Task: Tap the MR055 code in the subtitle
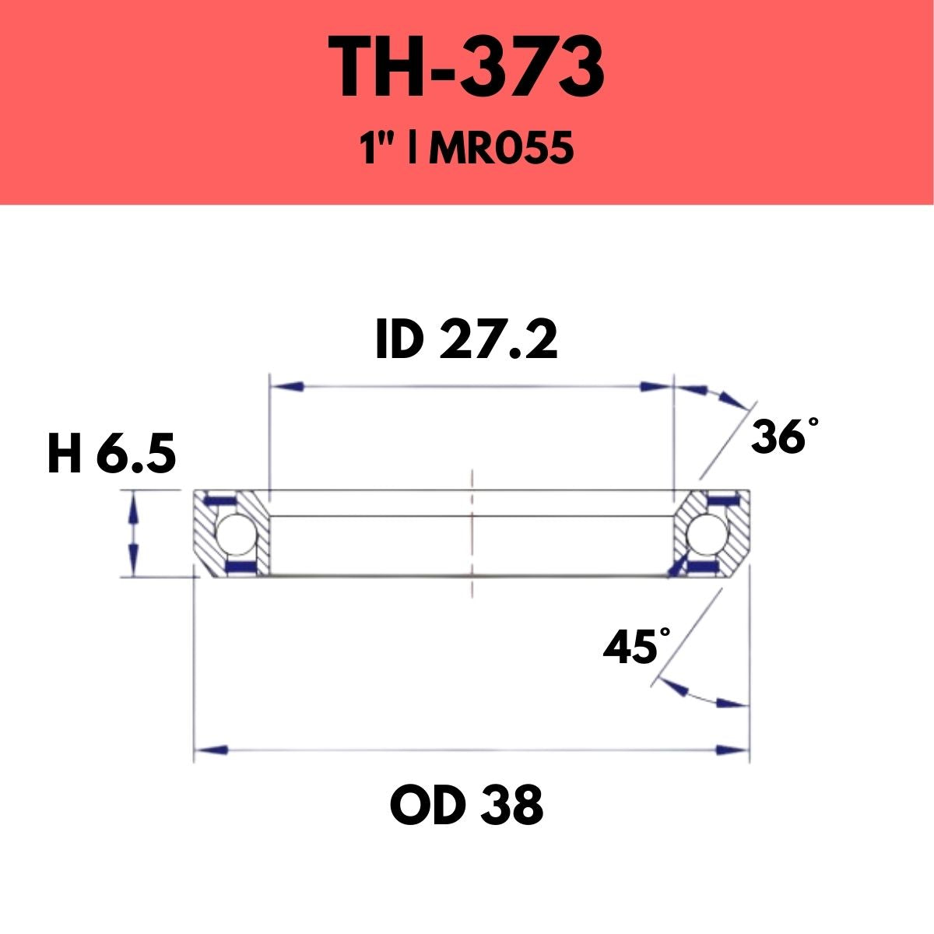click(x=501, y=149)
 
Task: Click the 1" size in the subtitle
click(x=378, y=149)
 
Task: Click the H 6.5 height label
click(x=111, y=455)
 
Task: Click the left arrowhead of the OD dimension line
click(x=210, y=750)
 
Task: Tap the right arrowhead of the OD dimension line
click(x=732, y=750)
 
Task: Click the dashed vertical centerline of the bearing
click(x=472, y=537)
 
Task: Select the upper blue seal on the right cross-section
click(x=719, y=499)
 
